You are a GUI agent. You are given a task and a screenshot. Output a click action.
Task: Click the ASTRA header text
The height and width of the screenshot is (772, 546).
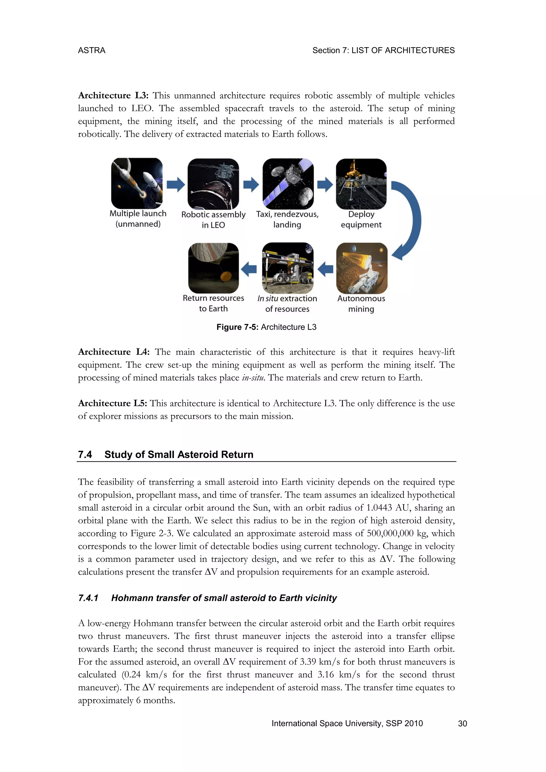pos(91,50)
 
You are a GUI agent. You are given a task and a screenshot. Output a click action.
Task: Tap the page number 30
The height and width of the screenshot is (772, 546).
pos(462,723)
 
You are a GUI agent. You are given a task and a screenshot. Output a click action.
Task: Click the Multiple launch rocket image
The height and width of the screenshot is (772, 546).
pos(137,184)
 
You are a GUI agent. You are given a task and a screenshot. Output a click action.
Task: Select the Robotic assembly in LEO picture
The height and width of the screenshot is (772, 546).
pos(213,184)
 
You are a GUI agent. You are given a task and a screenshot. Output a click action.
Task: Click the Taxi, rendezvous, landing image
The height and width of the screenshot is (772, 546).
pos(288,184)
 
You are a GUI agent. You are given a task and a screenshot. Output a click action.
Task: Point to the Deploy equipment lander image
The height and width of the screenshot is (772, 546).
pos(361,184)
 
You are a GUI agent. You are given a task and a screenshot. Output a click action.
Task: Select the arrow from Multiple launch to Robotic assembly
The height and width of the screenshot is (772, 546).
pos(175,184)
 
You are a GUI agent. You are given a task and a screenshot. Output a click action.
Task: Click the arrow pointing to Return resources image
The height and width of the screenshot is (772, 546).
pos(249,269)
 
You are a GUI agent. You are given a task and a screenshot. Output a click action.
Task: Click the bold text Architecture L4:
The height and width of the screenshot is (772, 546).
pos(114,352)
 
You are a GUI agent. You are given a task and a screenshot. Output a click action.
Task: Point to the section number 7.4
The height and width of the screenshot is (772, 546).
pos(85,455)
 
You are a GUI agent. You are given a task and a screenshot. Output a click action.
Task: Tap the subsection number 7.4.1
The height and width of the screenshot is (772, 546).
pos(88,598)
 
